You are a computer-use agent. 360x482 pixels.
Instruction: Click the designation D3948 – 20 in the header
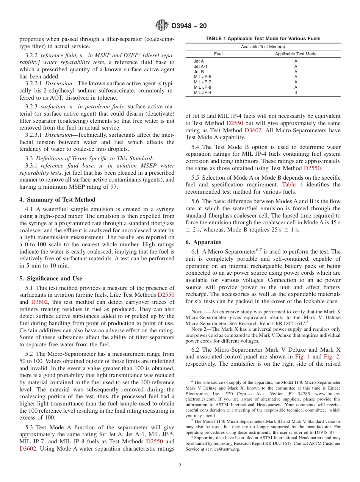tap(189, 26)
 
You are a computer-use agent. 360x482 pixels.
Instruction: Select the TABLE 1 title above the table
tap(263, 38)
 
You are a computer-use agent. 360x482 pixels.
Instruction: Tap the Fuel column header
tap(218, 54)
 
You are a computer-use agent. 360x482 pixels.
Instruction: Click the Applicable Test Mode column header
tap(296, 54)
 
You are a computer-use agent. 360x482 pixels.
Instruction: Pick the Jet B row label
tap(199, 71)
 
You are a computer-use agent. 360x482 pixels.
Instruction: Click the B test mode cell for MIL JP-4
tap(296, 92)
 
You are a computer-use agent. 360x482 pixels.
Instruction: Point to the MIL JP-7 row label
tap(202, 82)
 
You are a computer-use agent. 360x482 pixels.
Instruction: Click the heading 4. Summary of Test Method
tap(57, 200)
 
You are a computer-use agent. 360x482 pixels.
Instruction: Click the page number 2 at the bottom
tap(180, 466)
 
